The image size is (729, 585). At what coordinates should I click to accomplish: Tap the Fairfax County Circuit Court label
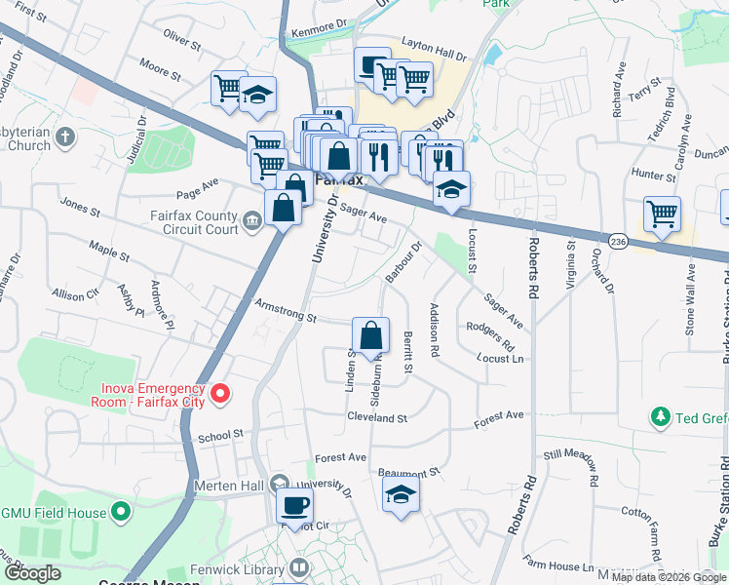pyautogui.click(x=194, y=223)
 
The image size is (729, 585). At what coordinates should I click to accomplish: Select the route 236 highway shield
pyautogui.click(x=617, y=240)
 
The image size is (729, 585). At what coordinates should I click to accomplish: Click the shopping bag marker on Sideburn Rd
pyautogui.click(x=370, y=337)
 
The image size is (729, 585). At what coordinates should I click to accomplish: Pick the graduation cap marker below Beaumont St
pyautogui.click(x=400, y=495)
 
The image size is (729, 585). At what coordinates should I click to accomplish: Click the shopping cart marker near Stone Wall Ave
pyautogui.click(x=662, y=214)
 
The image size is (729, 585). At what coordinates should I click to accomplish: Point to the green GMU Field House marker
pyautogui.click(x=120, y=510)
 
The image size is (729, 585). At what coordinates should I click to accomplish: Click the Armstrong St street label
pyautogui.click(x=286, y=311)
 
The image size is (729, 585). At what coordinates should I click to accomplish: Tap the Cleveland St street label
pyautogui.click(x=376, y=417)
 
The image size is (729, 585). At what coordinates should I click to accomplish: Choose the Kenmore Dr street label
pyautogui.click(x=321, y=31)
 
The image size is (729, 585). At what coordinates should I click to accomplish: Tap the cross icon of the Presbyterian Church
pyautogui.click(x=65, y=136)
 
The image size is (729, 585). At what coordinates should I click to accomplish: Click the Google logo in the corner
pyautogui.click(x=32, y=574)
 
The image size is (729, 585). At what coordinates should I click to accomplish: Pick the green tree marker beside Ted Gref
pyautogui.click(x=661, y=418)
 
